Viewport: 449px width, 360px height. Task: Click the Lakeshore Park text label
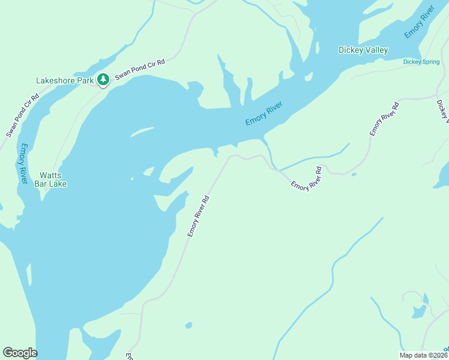point(65,80)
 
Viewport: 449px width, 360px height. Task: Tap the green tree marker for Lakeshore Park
point(103,79)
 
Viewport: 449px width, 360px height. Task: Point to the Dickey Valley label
point(363,50)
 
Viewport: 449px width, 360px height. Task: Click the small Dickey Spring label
point(421,61)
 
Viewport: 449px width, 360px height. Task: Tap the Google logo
point(20,353)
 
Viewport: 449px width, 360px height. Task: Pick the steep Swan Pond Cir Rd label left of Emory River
point(23,115)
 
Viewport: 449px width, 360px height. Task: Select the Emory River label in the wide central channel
point(264,113)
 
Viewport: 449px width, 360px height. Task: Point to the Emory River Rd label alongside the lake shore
point(198,216)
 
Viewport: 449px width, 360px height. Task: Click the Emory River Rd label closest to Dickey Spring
point(384,119)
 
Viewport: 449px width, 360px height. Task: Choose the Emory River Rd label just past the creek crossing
point(307,179)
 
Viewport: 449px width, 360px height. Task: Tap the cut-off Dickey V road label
point(442,111)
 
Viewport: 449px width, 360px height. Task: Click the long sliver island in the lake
point(142,131)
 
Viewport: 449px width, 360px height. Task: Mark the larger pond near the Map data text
point(418,311)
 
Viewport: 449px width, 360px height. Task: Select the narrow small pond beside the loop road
point(426,298)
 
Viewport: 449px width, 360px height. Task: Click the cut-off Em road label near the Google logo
point(128,356)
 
